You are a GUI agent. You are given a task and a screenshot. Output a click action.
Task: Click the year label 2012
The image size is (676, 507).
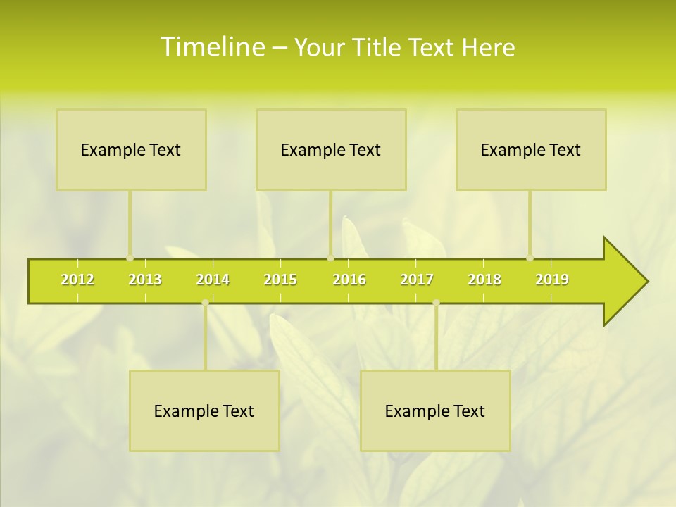(77, 280)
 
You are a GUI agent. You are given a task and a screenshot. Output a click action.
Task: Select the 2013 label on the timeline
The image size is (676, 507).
(145, 280)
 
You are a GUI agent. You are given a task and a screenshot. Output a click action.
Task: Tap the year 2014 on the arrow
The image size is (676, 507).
(213, 280)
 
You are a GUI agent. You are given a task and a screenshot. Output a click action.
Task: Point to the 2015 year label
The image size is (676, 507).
(280, 280)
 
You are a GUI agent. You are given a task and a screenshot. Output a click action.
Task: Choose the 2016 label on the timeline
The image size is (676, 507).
(349, 280)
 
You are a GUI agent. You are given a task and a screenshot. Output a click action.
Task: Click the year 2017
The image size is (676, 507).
(417, 280)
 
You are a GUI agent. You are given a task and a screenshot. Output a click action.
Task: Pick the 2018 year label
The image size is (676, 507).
(484, 280)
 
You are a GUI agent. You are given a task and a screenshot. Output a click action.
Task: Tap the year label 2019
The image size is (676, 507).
(552, 280)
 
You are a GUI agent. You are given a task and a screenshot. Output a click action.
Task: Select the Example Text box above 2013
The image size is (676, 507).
(131, 149)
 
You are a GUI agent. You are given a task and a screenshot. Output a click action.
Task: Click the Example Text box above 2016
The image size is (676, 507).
(331, 149)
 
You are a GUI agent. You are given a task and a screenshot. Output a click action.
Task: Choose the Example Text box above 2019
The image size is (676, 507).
(531, 149)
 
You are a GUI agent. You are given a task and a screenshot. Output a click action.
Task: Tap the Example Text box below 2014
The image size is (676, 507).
(204, 411)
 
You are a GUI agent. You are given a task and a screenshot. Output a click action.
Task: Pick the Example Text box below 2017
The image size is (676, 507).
(435, 411)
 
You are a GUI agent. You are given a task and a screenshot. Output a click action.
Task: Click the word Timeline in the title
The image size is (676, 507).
(211, 47)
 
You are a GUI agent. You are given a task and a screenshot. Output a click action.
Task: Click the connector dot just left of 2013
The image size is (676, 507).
(130, 258)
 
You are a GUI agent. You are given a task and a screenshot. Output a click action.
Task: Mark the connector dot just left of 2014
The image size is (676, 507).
(205, 303)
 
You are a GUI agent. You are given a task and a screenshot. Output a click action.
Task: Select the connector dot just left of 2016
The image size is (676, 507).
(330, 258)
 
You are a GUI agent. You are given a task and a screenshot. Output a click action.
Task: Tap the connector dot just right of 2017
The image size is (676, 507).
(436, 303)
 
